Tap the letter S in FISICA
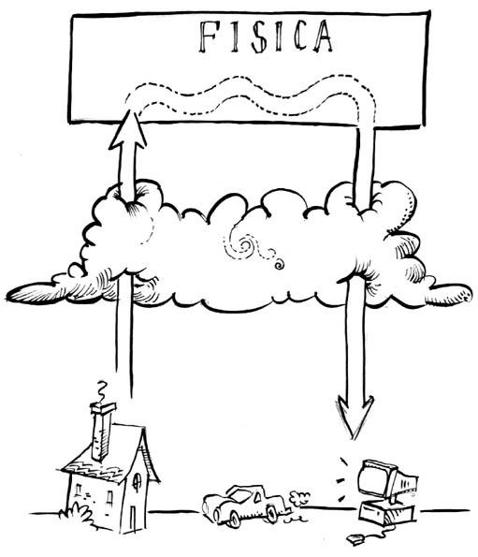click(258, 37)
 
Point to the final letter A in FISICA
click(323, 36)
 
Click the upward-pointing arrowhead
click(128, 129)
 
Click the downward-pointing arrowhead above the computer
click(355, 417)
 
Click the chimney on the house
click(102, 431)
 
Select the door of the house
click(133, 519)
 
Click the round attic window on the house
click(137, 482)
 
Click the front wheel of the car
click(234, 519)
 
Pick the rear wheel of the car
click(271, 514)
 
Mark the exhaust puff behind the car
click(299, 498)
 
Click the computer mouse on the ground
click(355, 539)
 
